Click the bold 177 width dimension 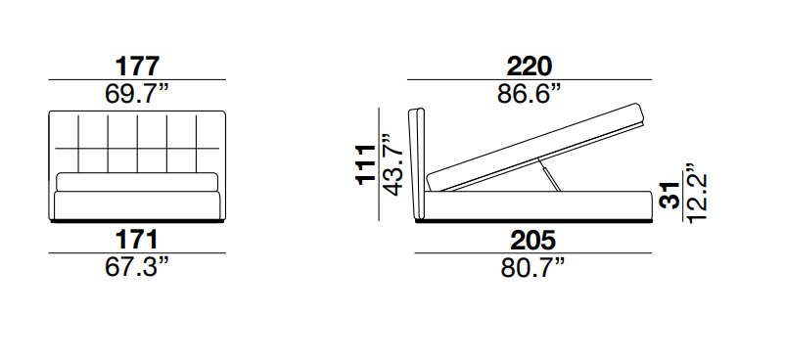tap(137, 67)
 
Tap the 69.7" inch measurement tap(137, 94)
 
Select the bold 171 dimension tap(137, 240)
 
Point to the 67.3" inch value tap(137, 267)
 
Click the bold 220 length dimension tap(530, 67)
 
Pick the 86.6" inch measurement tap(530, 94)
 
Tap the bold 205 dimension tap(532, 240)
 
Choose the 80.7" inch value tap(532, 267)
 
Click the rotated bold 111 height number tap(366, 164)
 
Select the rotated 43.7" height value tap(392, 164)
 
